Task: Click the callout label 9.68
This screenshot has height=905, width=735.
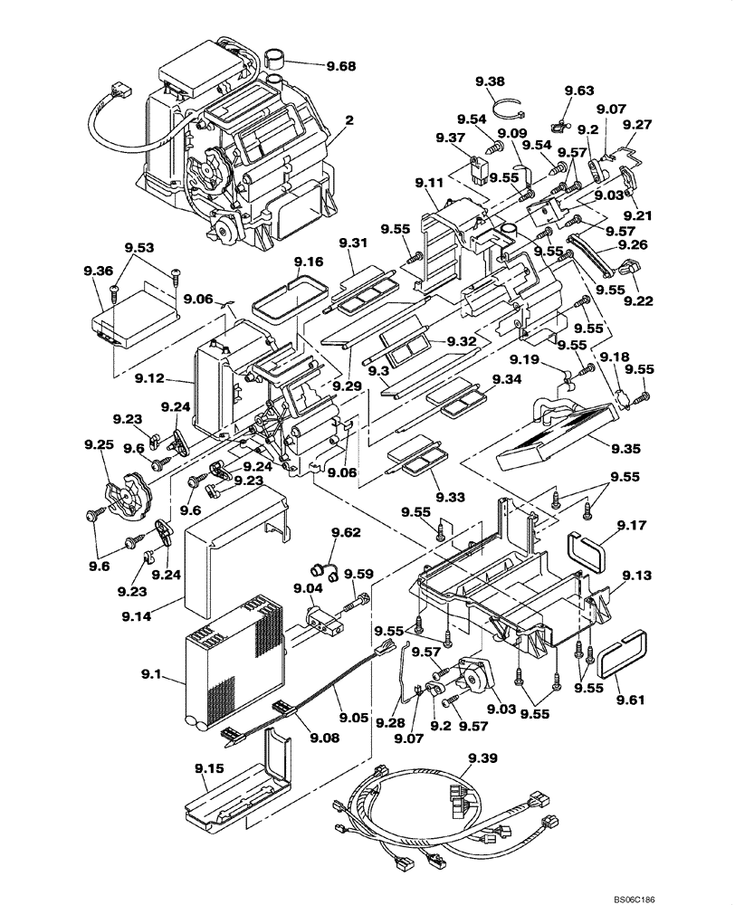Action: coord(342,65)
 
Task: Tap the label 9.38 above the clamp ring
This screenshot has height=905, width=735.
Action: coord(490,82)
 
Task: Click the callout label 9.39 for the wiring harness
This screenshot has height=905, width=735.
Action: coord(474,757)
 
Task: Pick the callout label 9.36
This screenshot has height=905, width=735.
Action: coord(99,271)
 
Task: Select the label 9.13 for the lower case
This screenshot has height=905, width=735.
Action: coord(635,576)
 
